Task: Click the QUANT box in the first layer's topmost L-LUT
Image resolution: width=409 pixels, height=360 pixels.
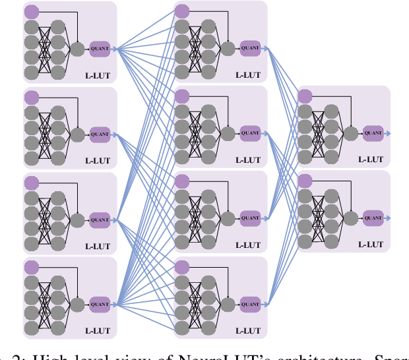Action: point(100,48)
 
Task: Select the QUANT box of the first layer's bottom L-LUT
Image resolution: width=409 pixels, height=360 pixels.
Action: point(100,304)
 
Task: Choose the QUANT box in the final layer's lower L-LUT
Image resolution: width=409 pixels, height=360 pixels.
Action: point(373,218)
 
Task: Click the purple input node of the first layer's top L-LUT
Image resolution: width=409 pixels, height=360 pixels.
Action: point(32,11)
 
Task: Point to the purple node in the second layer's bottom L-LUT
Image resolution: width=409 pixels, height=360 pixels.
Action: point(182,267)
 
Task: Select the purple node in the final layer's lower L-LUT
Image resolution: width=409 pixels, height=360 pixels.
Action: point(305,181)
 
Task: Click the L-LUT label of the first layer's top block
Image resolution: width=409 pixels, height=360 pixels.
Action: point(98,75)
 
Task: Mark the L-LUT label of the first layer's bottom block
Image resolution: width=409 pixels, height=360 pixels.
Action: point(98,331)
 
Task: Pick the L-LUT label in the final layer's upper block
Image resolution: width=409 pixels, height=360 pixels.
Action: point(370,160)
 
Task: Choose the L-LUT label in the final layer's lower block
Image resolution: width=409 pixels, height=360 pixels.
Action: point(370,245)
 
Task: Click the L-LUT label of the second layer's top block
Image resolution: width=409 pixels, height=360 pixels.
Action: point(248,75)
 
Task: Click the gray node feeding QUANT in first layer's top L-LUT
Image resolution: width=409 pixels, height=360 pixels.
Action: point(77,48)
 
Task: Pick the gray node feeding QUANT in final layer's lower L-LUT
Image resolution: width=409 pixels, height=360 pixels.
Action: point(350,218)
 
